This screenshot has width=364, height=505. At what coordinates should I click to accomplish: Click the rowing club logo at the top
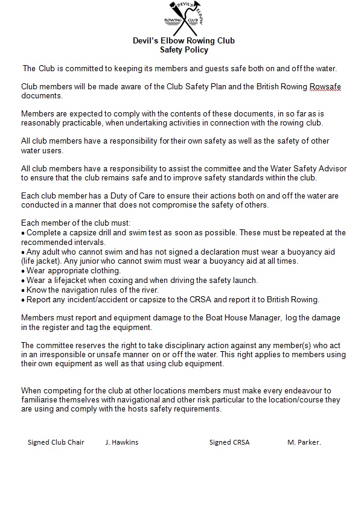click(x=184, y=19)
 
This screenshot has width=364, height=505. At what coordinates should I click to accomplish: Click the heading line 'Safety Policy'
click(x=184, y=50)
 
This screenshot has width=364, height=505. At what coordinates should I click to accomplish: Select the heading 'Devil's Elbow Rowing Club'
click(x=184, y=41)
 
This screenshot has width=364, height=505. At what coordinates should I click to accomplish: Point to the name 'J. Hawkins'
click(x=121, y=442)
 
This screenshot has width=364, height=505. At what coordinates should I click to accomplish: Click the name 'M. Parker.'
click(x=304, y=442)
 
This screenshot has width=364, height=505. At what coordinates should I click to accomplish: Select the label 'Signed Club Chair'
click(x=56, y=442)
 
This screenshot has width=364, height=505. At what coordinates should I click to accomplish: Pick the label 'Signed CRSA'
click(x=229, y=442)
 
